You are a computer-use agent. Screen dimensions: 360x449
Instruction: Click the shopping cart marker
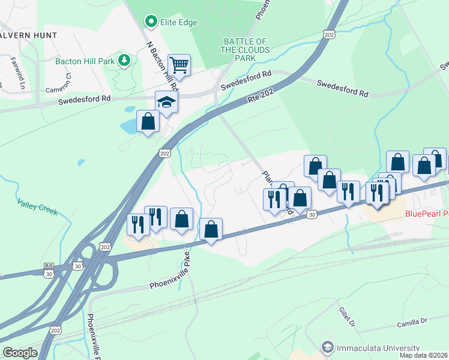(178, 64)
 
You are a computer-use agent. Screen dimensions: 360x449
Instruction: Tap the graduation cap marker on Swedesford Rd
(166, 101)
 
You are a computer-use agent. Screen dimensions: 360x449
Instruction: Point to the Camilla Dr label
(411, 322)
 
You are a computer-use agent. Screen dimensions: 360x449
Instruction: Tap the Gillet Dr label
(351, 316)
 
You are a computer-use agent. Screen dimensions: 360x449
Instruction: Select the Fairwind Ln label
(17, 69)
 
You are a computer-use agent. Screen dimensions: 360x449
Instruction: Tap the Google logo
(20, 353)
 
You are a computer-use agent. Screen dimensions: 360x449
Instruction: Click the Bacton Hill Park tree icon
(124, 60)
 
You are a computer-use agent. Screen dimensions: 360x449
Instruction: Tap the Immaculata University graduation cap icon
(328, 347)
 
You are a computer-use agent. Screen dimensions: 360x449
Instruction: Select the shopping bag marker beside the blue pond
(148, 122)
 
